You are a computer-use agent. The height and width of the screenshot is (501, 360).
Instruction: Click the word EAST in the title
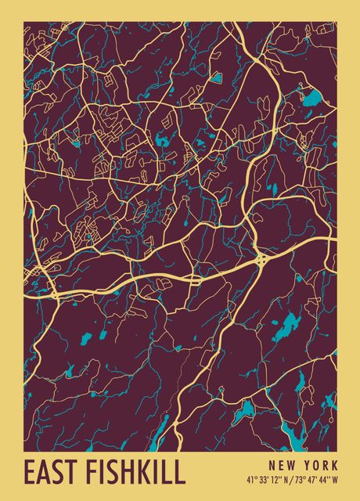coord(48,473)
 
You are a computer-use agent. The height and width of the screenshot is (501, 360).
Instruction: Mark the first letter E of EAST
coord(30,473)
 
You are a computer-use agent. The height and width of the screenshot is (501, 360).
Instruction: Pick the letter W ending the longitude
coord(336,479)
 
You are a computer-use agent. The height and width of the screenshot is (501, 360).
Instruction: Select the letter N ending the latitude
coord(286,479)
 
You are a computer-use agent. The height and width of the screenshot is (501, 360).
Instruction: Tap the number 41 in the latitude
coord(250,479)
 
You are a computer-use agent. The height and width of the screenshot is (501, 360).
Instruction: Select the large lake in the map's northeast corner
coord(312,99)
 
